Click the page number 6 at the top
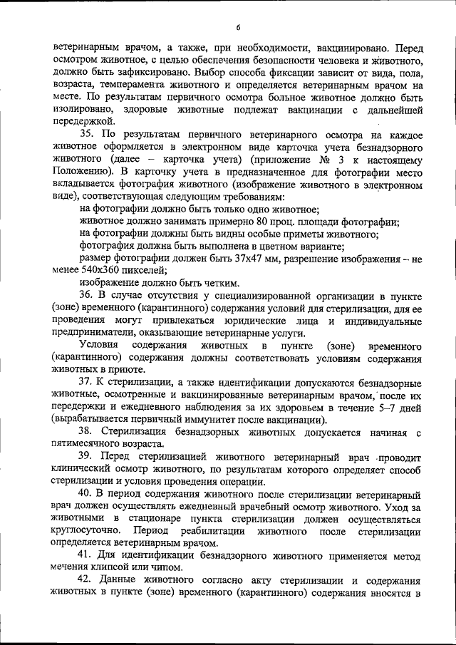(239, 28)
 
